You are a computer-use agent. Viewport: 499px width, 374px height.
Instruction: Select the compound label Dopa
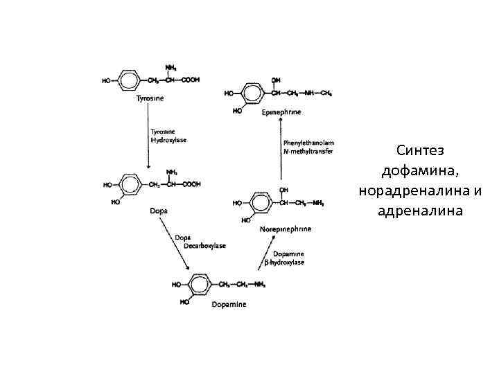159,210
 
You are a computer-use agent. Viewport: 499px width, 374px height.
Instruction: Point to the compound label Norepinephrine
285,228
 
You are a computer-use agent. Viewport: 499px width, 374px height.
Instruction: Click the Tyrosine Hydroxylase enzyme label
168,136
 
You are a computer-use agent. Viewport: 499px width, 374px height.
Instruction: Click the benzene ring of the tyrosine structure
129,80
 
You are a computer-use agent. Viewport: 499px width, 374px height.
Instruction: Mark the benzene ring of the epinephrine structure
253,93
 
